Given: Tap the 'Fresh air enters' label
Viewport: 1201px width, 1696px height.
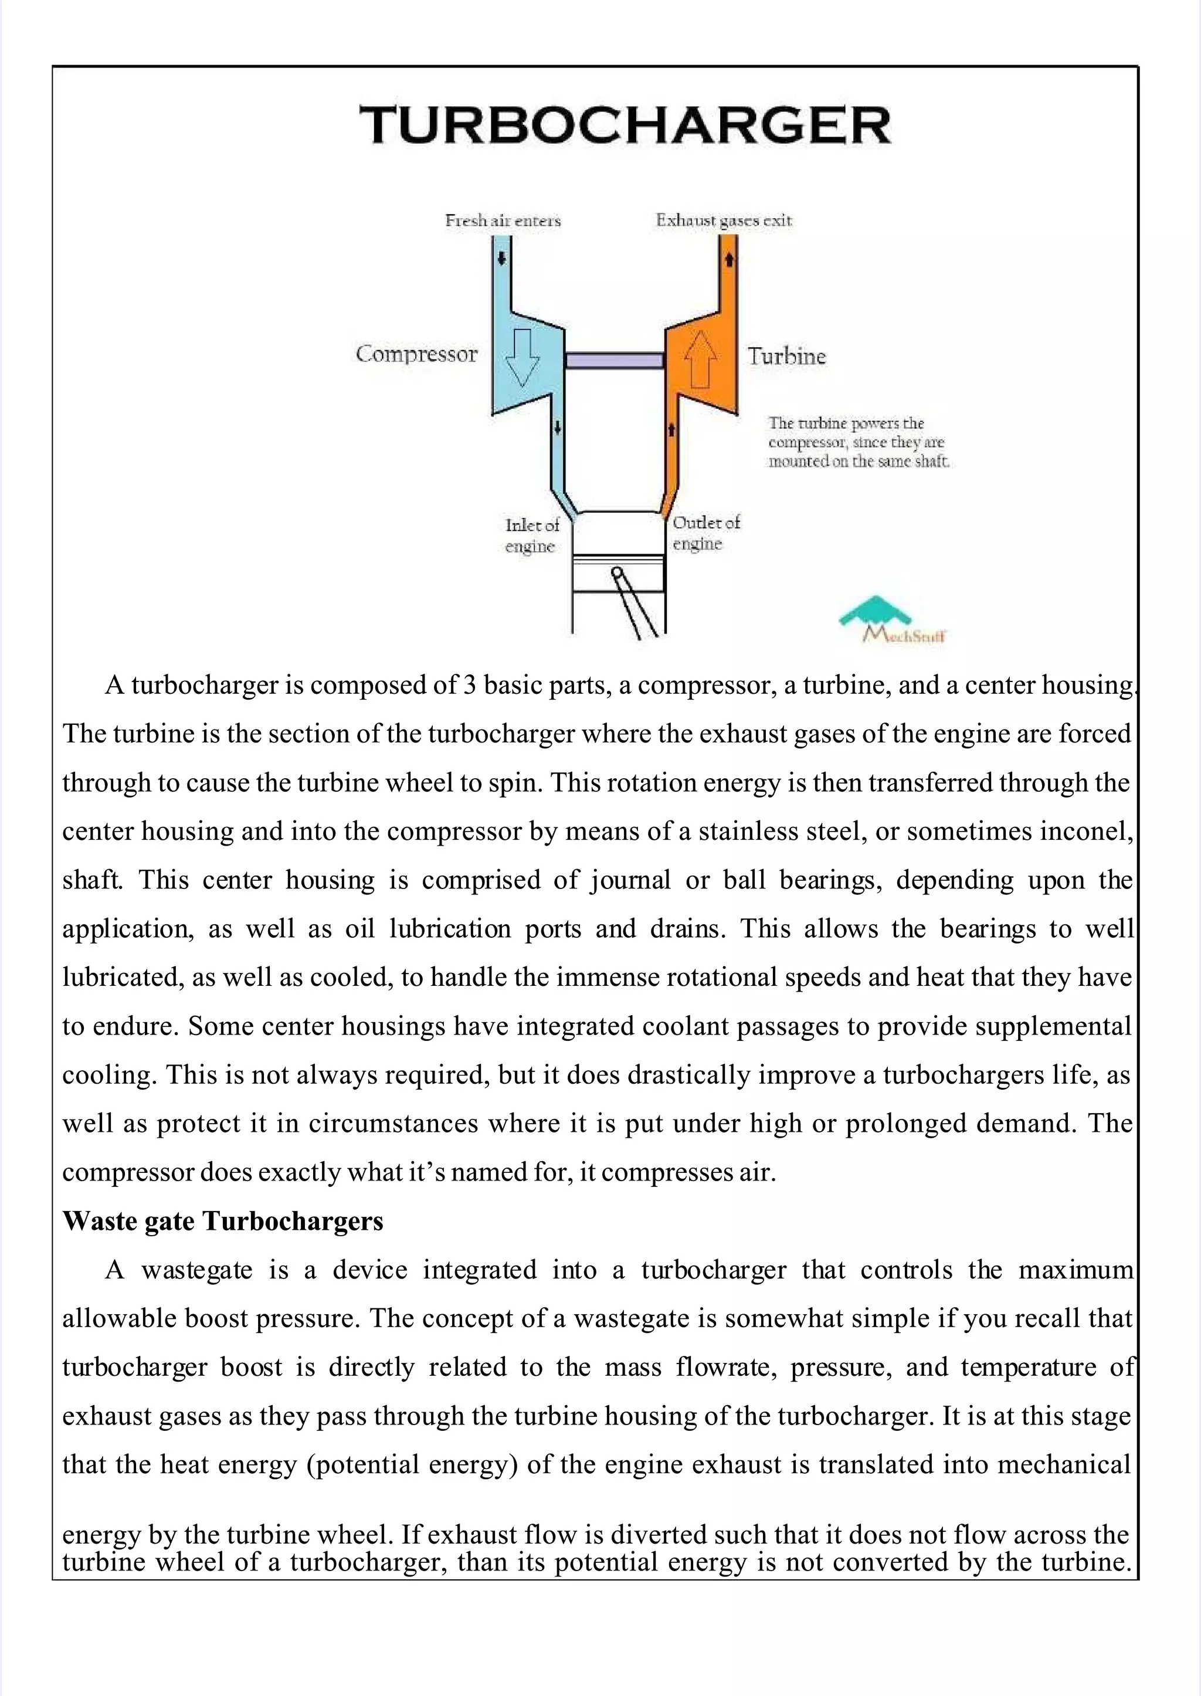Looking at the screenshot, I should coord(503,221).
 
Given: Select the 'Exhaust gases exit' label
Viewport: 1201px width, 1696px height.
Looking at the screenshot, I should coord(723,221).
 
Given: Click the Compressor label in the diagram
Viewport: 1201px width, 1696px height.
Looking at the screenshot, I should coord(416,354).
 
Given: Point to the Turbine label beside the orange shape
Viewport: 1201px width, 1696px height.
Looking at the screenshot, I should coord(786,357).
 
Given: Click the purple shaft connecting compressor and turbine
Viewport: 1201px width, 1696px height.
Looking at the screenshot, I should coord(614,360).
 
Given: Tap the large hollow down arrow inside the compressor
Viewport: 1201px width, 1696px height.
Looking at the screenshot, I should coord(522,357).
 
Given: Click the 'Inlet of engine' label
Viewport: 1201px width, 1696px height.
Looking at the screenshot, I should coord(532,535).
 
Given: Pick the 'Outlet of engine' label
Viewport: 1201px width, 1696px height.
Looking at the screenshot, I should coord(705,532).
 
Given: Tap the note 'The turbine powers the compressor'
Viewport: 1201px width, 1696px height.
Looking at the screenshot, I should coord(858,442).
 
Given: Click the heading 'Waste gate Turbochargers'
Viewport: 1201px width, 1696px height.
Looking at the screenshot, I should coord(223,1221).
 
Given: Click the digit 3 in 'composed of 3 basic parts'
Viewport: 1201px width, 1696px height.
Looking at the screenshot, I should coord(469,685).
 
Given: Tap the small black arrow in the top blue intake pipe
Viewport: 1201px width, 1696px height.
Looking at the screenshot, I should coord(501,258).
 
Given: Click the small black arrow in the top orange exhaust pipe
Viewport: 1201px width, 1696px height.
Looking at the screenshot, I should coord(728,260).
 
